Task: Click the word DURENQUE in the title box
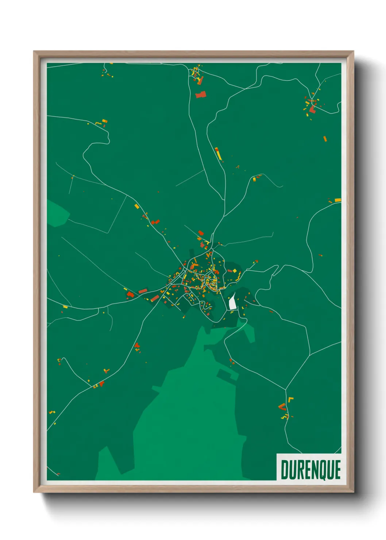310,470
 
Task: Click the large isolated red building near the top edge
201,95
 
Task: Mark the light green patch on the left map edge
57,213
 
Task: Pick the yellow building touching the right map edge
338,200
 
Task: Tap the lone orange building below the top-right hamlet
325,139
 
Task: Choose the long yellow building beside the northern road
219,154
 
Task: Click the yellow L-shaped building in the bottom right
291,399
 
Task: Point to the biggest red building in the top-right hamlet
312,109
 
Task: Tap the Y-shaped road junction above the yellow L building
286,389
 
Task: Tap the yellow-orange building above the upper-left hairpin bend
104,121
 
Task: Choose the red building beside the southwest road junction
102,383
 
